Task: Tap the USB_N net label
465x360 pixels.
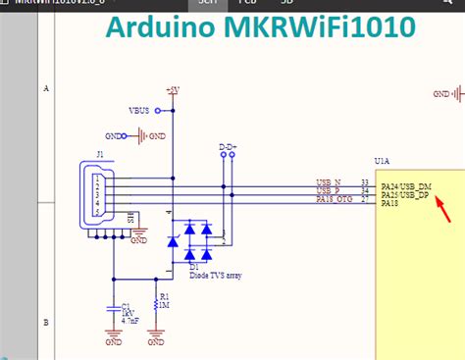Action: (328, 182)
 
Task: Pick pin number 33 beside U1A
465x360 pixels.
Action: (365, 182)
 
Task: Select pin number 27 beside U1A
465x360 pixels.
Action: (365, 200)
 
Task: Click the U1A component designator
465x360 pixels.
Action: (383, 160)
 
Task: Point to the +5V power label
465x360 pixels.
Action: (174, 89)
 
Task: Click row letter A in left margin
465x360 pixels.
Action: (46, 88)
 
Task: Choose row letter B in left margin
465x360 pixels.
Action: (46, 322)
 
